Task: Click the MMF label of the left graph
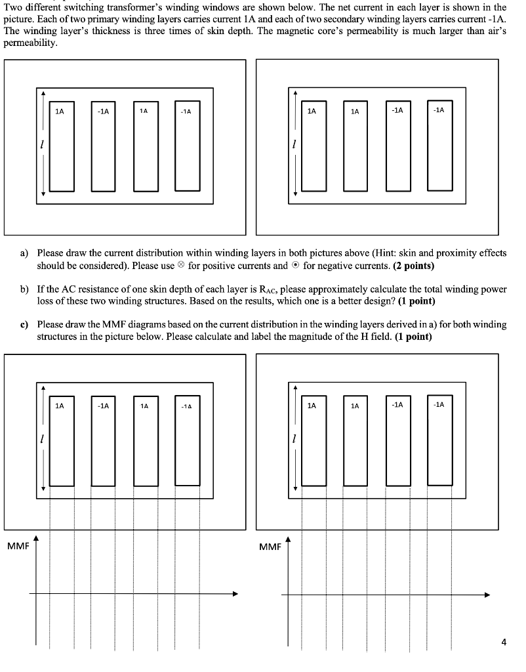(x=19, y=546)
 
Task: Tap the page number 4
(x=503, y=642)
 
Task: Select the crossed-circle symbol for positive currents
(x=182, y=266)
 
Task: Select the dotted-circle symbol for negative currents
(x=296, y=266)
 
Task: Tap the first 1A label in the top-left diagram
(x=60, y=112)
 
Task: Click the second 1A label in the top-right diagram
(x=354, y=112)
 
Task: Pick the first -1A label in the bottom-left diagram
(x=103, y=406)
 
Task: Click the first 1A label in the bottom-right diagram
(x=312, y=406)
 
